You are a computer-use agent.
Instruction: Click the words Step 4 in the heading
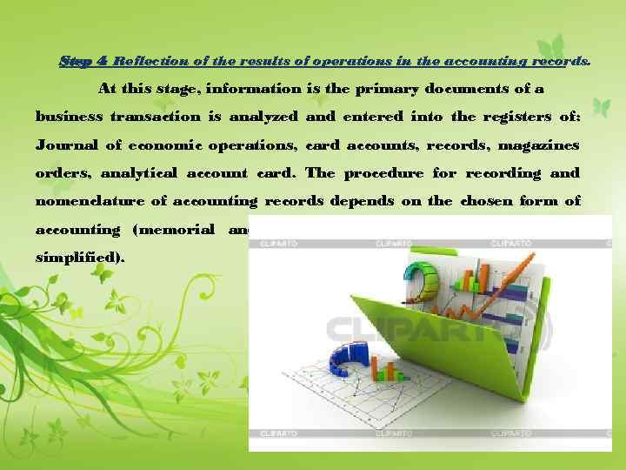[83, 62]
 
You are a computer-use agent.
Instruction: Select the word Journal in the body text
[66, 144]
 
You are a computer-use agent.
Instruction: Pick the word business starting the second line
[69, 116]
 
